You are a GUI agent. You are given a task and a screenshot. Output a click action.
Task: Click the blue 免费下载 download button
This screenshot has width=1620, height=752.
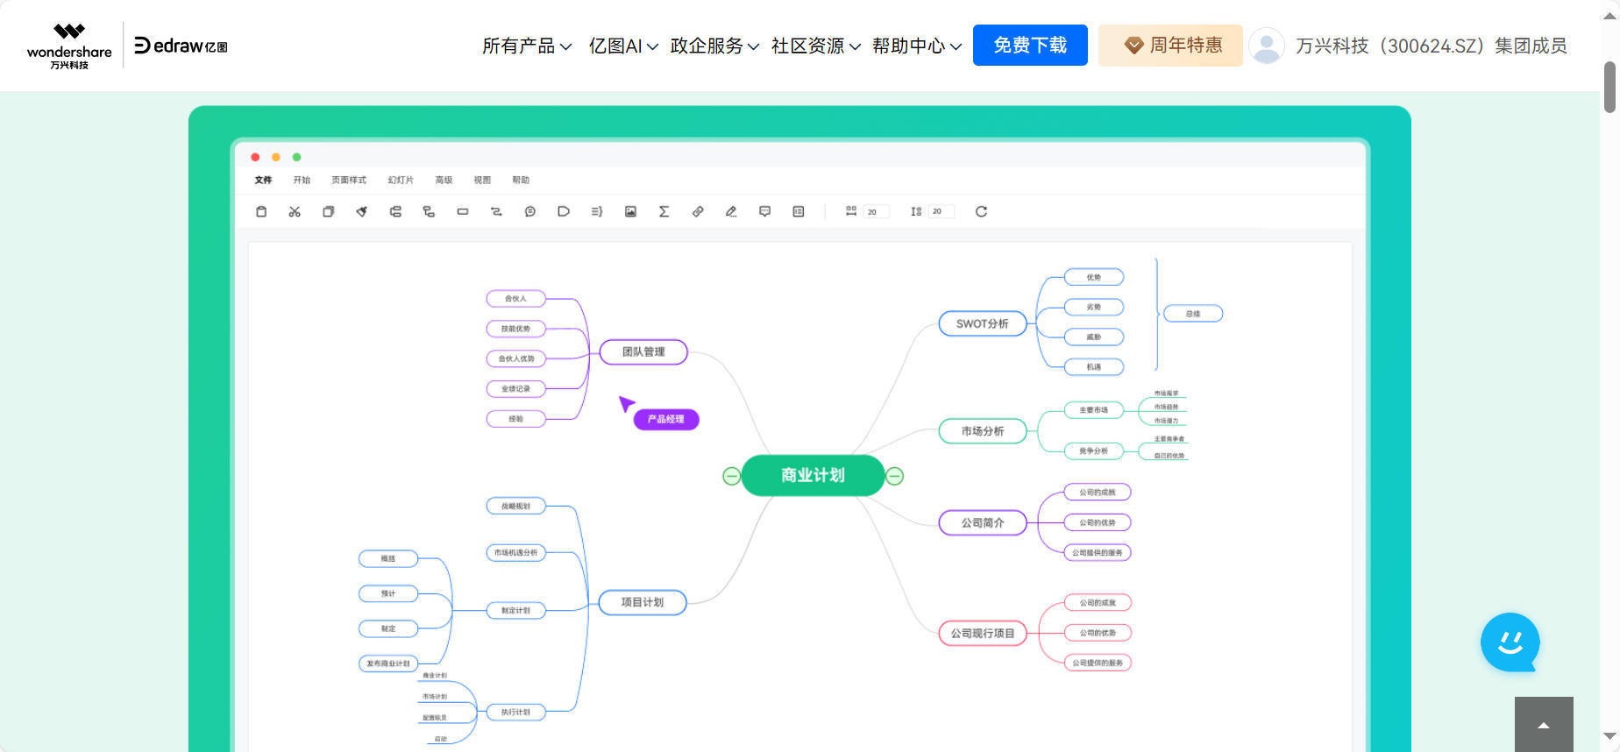tap(1030, 46)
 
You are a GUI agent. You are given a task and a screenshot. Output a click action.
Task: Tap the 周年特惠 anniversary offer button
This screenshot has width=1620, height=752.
tap(1170, 46)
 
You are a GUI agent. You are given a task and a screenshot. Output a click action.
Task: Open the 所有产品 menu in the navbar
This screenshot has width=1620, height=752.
tap(526, 46)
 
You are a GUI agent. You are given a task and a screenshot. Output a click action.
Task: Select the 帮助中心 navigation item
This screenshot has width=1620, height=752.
tap(916, 46)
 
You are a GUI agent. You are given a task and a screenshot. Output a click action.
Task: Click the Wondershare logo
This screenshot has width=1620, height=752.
tap(69, 46)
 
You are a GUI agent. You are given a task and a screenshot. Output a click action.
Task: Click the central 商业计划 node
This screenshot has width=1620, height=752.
tap(813, 475)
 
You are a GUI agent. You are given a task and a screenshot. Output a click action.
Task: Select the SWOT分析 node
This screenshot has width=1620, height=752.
tap(982, 323)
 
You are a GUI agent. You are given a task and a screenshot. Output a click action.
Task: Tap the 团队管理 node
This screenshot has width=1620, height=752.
tap(643, 351)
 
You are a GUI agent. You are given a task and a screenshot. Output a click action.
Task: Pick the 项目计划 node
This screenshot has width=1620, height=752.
tap(642, 602)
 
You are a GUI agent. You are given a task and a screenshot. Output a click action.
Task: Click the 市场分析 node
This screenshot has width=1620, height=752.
tap(982, 431)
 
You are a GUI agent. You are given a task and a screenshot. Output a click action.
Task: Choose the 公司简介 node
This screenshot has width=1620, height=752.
tap(982, 522)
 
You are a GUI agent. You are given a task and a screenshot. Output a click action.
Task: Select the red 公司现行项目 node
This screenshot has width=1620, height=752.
tap(982, 633)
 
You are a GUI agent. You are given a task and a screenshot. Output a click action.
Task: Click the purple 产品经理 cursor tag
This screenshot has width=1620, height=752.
tap(665, 419)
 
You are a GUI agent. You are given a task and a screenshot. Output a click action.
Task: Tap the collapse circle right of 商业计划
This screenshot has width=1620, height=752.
tap(894, 476)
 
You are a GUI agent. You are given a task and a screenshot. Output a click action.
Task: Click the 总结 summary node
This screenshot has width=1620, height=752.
tap(1192, 314)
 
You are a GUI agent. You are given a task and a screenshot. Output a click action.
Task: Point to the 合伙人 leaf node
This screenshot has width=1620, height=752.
tap(515, 299)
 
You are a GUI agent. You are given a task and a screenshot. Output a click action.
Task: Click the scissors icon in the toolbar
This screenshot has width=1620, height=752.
tap(295, 211)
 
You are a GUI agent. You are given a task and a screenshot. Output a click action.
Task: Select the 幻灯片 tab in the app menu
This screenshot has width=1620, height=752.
tap(401, 180)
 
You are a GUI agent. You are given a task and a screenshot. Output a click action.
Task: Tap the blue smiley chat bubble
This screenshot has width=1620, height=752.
tap(1510, 642)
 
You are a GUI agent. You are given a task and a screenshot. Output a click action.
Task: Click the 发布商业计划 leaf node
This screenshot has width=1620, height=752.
tap(388, 663)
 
